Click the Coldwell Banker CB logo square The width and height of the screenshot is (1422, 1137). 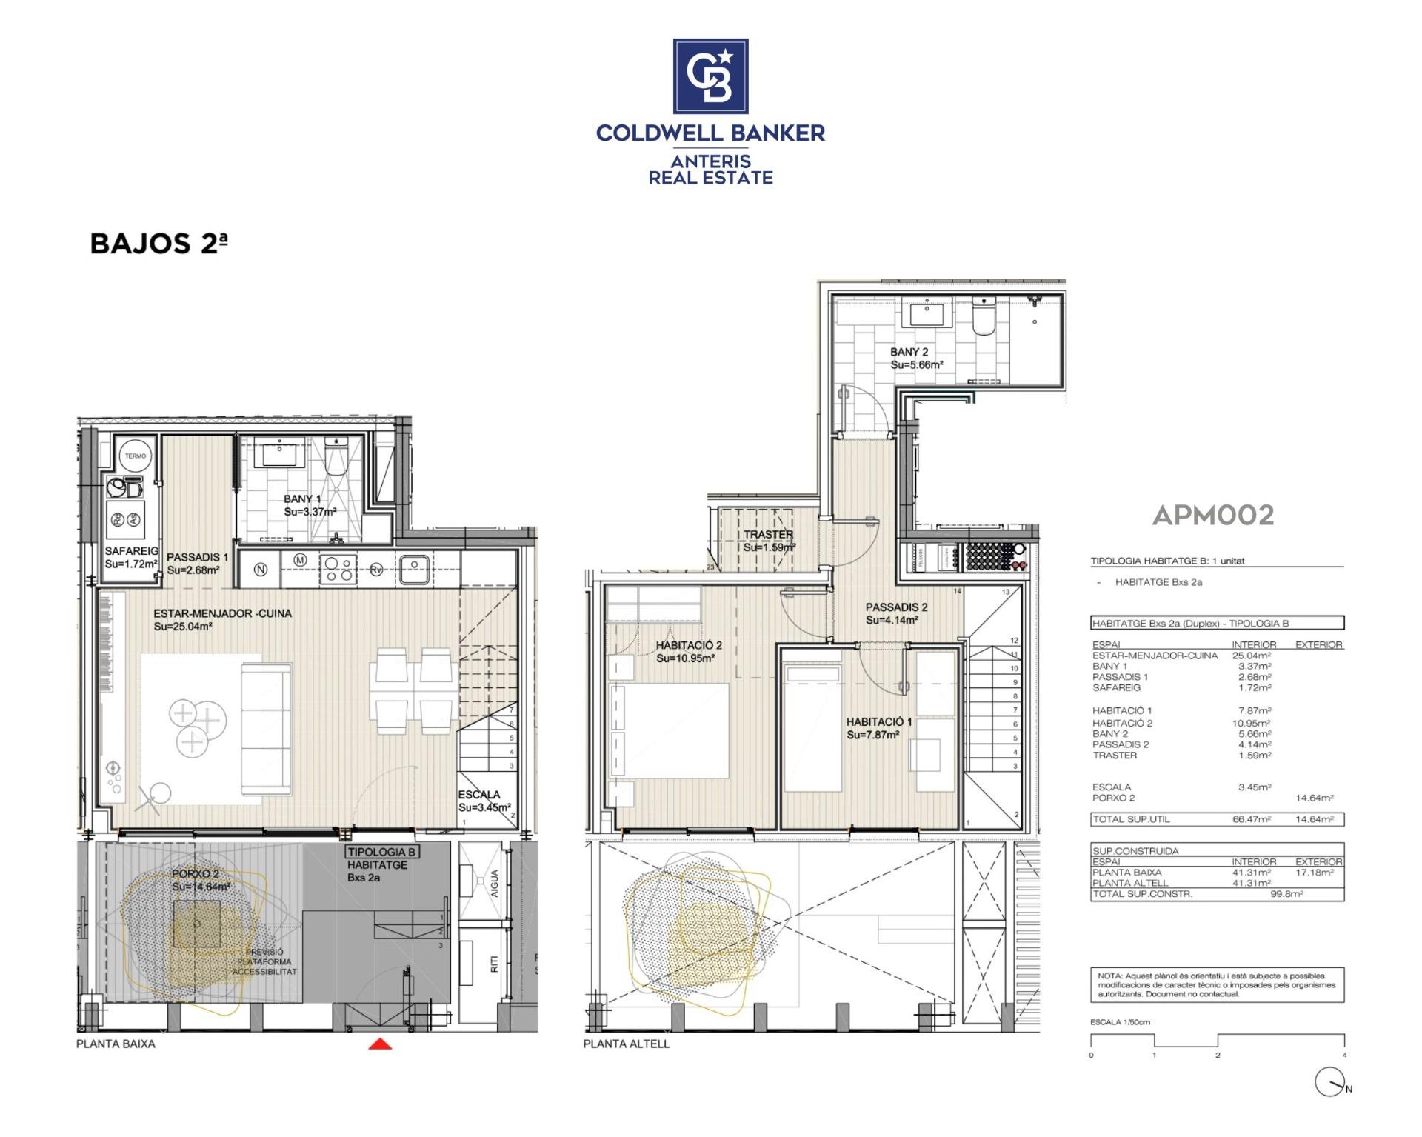[x=710, y=76]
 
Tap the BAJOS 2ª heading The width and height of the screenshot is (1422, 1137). [x=158, y=244]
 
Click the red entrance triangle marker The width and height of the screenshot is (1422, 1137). [x=380, y=1044]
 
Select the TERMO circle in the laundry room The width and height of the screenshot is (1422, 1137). [x=136, y=456]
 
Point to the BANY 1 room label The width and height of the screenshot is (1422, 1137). [x=302, y=499]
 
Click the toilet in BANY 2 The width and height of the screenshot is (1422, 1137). [x=984, y=316]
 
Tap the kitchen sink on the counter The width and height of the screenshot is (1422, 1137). [x=414, y=569]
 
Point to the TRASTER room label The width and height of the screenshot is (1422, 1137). [x=768, y=534]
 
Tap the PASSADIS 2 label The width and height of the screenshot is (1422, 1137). [x=896, y=607]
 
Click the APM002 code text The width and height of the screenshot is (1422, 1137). [x=1212, y=515]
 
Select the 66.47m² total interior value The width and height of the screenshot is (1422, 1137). [x=1252, y=819]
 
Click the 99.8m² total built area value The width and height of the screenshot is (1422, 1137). [x=1286, y=894]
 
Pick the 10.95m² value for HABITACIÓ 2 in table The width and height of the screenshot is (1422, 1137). [x=1251, y=723]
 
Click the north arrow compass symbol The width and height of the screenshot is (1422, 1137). [x=1330, y=1082]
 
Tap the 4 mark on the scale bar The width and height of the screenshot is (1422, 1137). [x=1343, y=1055]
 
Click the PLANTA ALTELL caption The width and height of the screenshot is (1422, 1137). [x=626, y=1044]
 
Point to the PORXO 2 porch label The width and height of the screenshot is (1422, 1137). [x=196, y=874]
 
